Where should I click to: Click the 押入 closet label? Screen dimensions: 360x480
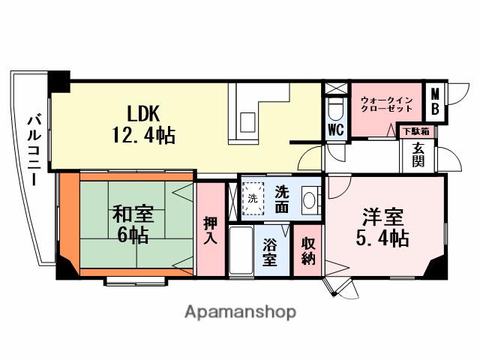[x=211, y=230]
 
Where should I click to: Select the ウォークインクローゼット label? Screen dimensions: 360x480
[x=385, y=103]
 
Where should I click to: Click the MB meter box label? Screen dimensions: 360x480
[x=434, y=102]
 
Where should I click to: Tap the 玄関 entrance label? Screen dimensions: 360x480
[x=417, y=154]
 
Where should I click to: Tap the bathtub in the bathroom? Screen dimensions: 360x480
[x=241, y=253]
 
